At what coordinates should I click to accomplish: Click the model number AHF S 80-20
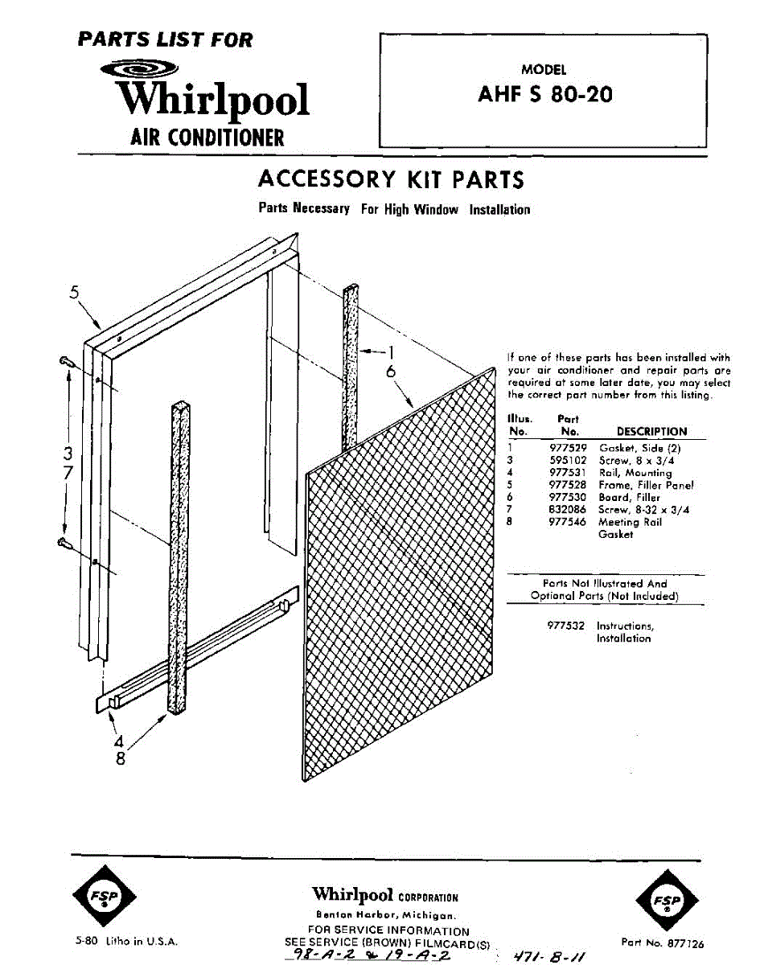(x=544, y=95)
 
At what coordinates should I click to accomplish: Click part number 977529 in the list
(x=568, y=448)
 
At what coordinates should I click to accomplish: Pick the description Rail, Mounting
(x=635, y=473)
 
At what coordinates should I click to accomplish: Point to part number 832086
(x=568, y=509)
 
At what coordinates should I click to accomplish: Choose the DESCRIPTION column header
(x=651, y=432)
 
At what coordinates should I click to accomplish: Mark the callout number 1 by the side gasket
(x=391, y=351)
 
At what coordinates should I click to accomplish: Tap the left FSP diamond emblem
(x=104, y=899)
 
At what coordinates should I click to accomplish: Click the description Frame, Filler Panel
(x=646, y=485)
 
